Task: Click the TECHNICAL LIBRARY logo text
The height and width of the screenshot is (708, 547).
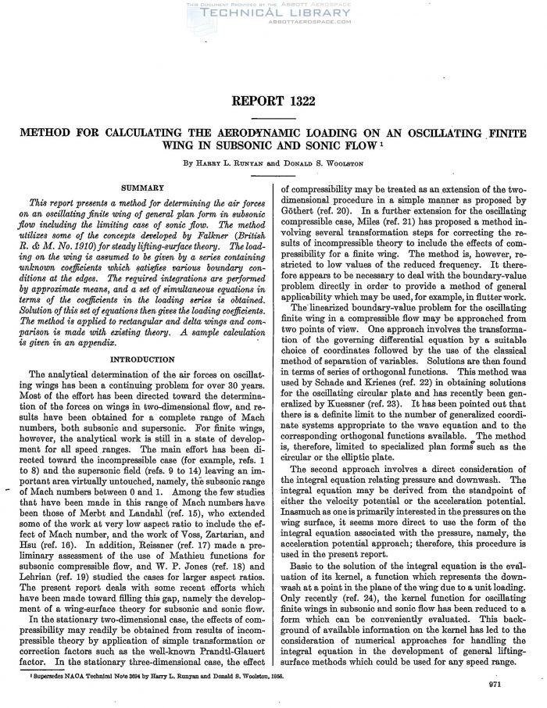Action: (x=273, y=13)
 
